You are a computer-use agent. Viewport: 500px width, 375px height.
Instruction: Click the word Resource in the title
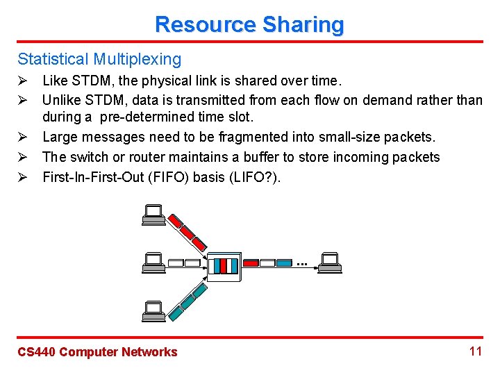[x=205, y=25]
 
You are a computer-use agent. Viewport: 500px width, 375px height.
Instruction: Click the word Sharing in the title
[x=303, y=25]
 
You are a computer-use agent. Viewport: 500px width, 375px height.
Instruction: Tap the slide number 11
[x=475, y=351]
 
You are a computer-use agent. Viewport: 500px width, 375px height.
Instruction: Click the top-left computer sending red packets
[x=152, y=216]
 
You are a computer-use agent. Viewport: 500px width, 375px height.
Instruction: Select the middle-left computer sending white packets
[x=152, y=263]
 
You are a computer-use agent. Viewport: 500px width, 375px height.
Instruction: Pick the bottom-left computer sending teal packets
[x=152, y=310]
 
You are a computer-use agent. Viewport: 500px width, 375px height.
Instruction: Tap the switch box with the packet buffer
[x=224, y=266]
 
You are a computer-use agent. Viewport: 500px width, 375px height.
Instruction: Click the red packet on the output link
[x=250, y=263]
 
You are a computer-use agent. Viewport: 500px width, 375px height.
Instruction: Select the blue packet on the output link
[x=284, y=263]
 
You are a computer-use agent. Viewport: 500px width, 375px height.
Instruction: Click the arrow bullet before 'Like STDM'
[x=22, y=81]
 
